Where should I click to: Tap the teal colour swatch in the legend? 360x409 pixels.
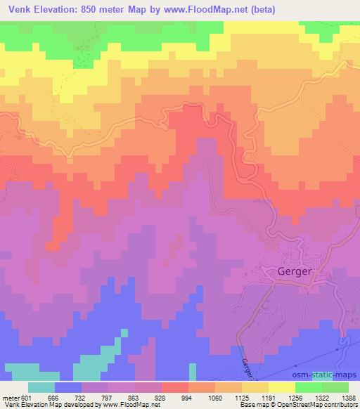41,387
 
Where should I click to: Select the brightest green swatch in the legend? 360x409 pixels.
309,387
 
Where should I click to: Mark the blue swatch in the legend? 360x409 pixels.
68,387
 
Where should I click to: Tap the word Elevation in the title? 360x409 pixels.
54,9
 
